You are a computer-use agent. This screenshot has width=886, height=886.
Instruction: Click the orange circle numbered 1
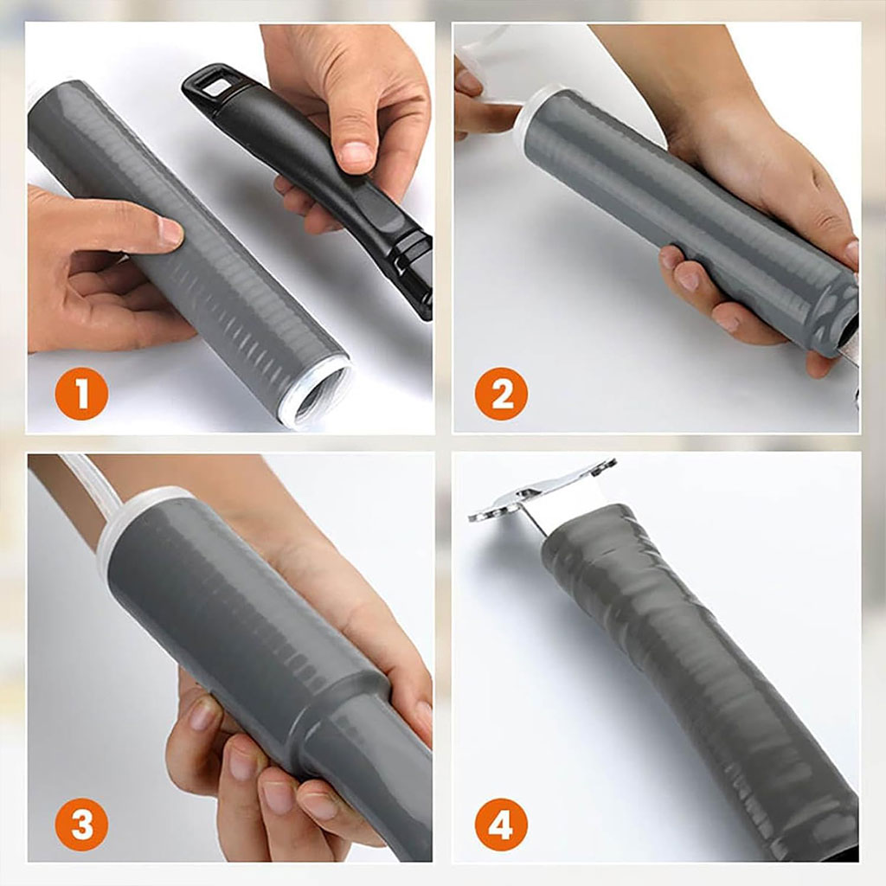(x=81, y=394)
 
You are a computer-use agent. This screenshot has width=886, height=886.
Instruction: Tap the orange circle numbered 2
(x=501, y=394)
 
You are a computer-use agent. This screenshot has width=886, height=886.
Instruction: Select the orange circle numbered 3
(x=81, y=825)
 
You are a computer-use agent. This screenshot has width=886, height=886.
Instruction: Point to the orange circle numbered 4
(x=501, y=825)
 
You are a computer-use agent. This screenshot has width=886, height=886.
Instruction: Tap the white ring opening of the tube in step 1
(x=317, y=391)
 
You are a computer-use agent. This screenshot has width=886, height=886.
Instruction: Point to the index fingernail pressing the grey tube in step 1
(x=170, y=232)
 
